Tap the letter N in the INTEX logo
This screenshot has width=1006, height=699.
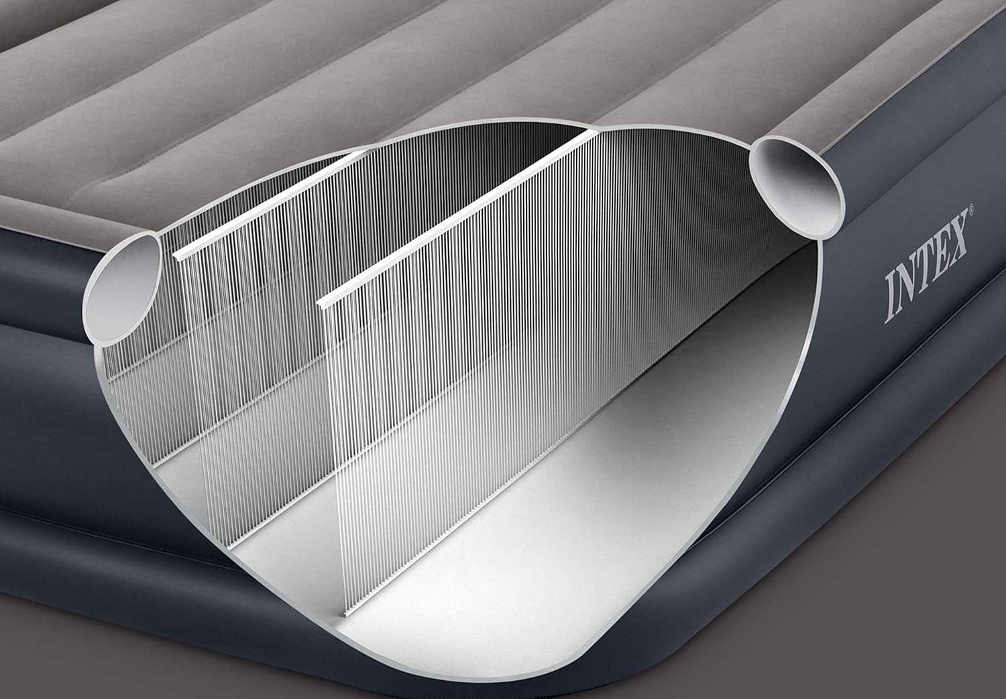point(911,282)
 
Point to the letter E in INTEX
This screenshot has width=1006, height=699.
point(946,252)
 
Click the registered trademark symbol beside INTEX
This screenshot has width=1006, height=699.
point(971,209)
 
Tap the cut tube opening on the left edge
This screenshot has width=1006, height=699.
point(123,288)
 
